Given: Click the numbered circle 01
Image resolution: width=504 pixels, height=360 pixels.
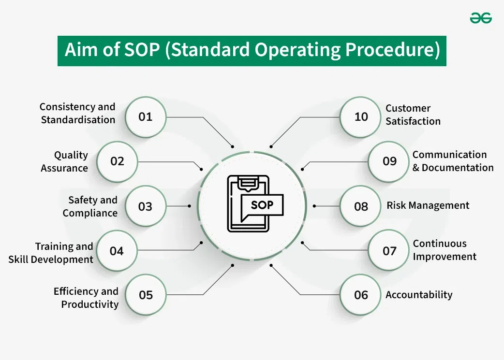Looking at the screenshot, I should pyautogui.click(x=146, y=117).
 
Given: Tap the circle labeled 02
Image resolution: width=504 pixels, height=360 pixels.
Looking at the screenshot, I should pyautogui.click(x=118, y=161).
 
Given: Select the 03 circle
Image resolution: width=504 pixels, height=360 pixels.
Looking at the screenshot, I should pyautogui.click(x=146, y=206).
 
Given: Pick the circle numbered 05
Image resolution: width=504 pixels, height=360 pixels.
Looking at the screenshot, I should pyautogui.click(x=146, y=295).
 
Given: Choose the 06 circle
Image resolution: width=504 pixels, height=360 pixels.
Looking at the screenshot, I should pyautogui.click(x=361, y=295).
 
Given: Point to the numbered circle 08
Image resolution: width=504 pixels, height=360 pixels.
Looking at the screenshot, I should pyautogui.click(x=361, y=206).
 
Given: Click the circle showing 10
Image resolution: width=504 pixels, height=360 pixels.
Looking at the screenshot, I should pyautogui.click(x=361, y=117).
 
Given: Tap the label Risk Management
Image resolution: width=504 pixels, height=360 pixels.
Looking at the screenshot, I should pyautogui.click(x=428, y=205).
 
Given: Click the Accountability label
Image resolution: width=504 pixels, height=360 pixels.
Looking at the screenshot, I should pyautogui.click(x=419, y=295).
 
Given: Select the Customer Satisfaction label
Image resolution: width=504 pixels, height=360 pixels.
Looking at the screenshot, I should pyautogui.click(x=413, y=115).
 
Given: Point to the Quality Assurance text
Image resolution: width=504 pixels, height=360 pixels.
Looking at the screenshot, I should pyautogui.click(x=65, y=161).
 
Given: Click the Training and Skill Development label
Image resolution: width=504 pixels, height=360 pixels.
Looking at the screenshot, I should pyautogui.click(x=51, y=253).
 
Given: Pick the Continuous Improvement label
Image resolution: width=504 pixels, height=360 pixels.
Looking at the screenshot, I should pyautogui.click(x=445, y=250).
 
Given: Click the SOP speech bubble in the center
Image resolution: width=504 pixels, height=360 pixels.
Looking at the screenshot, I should pyautogui.click(x=262, y=205).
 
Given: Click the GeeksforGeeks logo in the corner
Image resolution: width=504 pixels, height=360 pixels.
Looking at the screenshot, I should pyautogui.click(x=481, y=18).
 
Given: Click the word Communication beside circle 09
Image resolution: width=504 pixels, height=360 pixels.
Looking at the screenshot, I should pyautogui.click(x=449, y=155).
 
